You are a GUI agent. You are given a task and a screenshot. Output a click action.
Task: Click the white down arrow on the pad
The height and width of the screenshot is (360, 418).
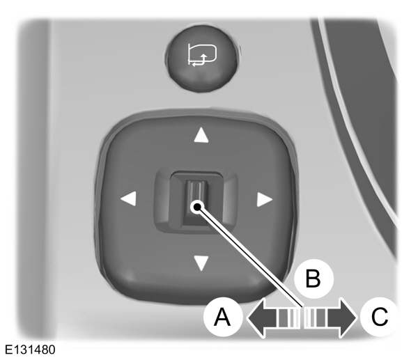pyautogui.click(x=201, y=263)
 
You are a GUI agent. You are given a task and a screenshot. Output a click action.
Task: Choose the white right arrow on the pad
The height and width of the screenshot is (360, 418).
pyautogui.click(x=263, y=200)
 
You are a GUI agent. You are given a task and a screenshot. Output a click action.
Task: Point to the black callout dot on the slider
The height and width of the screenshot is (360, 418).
pyautogui.click(x=199, y=207)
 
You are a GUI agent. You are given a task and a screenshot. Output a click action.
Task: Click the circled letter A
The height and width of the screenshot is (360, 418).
pyautogui.click(x=222, y=319)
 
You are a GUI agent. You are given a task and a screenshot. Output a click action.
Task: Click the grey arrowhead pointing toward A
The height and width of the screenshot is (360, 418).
pyautogui.click(x=254, y=319)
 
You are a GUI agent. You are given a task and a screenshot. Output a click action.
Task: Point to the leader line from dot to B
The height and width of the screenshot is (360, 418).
pyautogui.click(x=251, y=258)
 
